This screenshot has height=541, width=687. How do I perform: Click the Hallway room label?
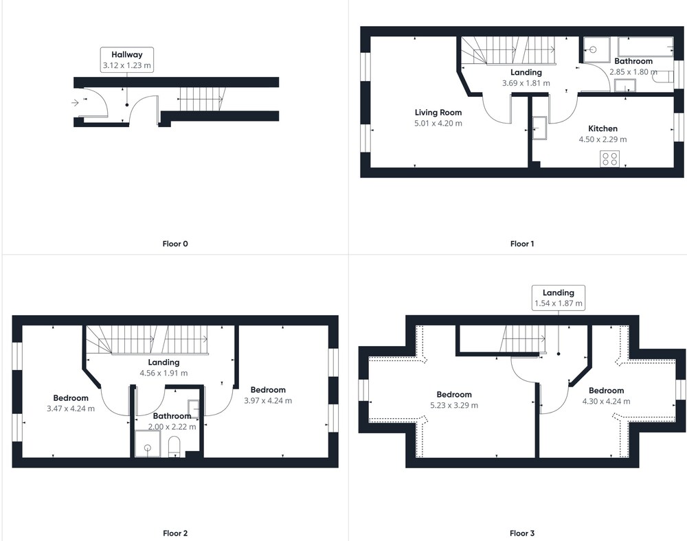(126, 55)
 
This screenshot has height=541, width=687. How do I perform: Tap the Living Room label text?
(438, 113)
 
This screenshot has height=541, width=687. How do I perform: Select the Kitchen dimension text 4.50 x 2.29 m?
(603, 139)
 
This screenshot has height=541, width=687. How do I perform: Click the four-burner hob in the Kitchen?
(609, 159)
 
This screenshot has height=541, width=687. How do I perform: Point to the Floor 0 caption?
(175, 244)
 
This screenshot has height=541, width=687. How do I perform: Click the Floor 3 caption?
(522, 533)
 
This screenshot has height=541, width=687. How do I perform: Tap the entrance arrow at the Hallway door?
(75, 103)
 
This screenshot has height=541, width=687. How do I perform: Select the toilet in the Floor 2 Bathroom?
(174, 446)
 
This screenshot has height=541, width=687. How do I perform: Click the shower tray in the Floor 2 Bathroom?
(148, 444)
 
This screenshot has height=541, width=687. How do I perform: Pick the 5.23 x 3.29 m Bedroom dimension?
(454, 405)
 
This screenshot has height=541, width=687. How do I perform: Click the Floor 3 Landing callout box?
(558, 298)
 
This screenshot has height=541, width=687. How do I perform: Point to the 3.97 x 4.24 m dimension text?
(268, 400)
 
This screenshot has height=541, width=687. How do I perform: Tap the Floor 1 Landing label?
(526, 72)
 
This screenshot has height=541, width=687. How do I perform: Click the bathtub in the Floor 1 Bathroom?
(646, 47)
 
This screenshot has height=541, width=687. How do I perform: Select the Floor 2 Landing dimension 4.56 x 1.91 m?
(164, 373)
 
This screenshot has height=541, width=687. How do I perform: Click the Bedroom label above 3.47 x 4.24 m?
(71, 398)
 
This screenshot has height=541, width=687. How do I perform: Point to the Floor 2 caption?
(175, 533)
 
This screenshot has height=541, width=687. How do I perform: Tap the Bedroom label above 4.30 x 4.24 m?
(607, 391)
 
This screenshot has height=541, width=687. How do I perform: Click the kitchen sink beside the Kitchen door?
(539, 128)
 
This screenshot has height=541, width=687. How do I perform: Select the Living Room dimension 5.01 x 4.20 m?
(438, 124)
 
